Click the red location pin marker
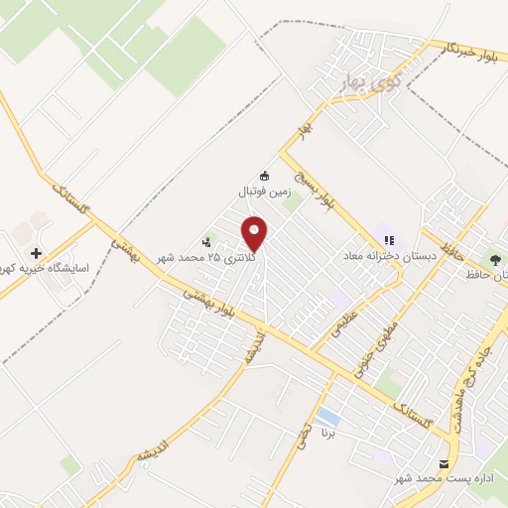click(x=255, y=232)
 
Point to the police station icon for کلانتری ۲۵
click(x=207, y=241)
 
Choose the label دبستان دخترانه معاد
click(x=390, y=256)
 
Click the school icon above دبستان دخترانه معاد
click(x=389, y=239)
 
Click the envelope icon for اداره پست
click(x=443, y=463)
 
